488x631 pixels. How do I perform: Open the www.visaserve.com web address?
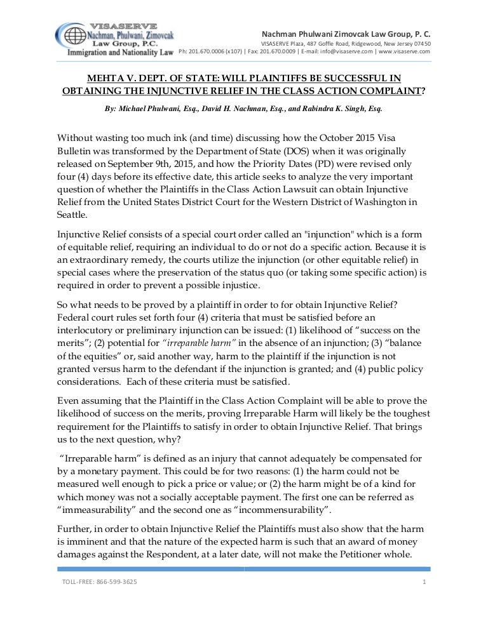[x=405, y=51]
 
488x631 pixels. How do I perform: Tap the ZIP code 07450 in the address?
[x=420, y=43]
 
